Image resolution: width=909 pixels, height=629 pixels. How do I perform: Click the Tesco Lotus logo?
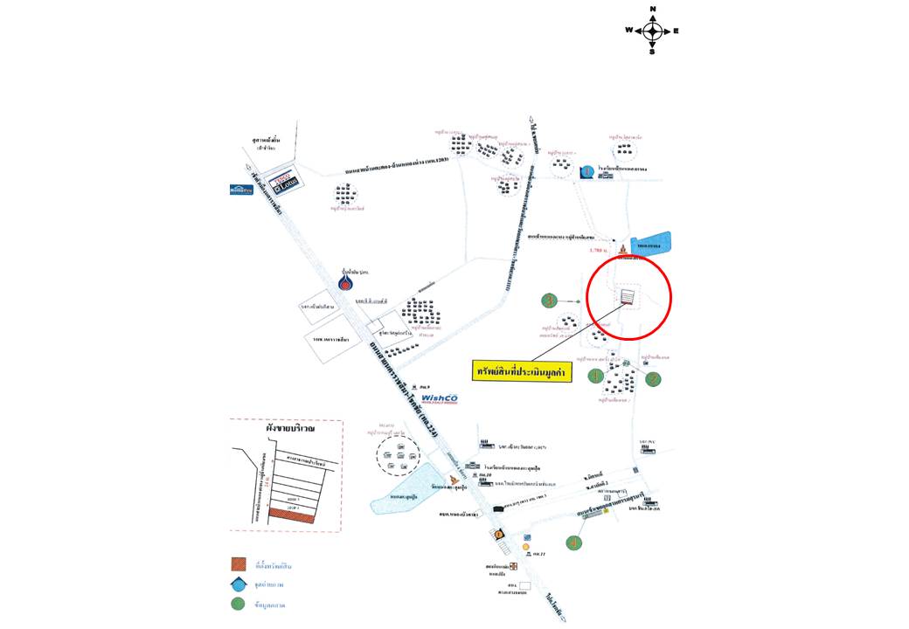pos(281,176)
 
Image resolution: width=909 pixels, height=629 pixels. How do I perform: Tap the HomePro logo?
pos(241,189)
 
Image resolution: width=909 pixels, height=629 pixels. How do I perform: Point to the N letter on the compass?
pos(652,10)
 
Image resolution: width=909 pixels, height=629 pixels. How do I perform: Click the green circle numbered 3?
pos(549,301)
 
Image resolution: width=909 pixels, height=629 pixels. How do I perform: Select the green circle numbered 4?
pos(573,542)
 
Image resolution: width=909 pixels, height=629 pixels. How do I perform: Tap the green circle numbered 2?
pos(653,378)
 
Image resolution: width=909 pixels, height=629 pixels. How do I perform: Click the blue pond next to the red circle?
pos(650,244)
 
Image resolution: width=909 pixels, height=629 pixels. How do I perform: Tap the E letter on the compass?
pos(677,31)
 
